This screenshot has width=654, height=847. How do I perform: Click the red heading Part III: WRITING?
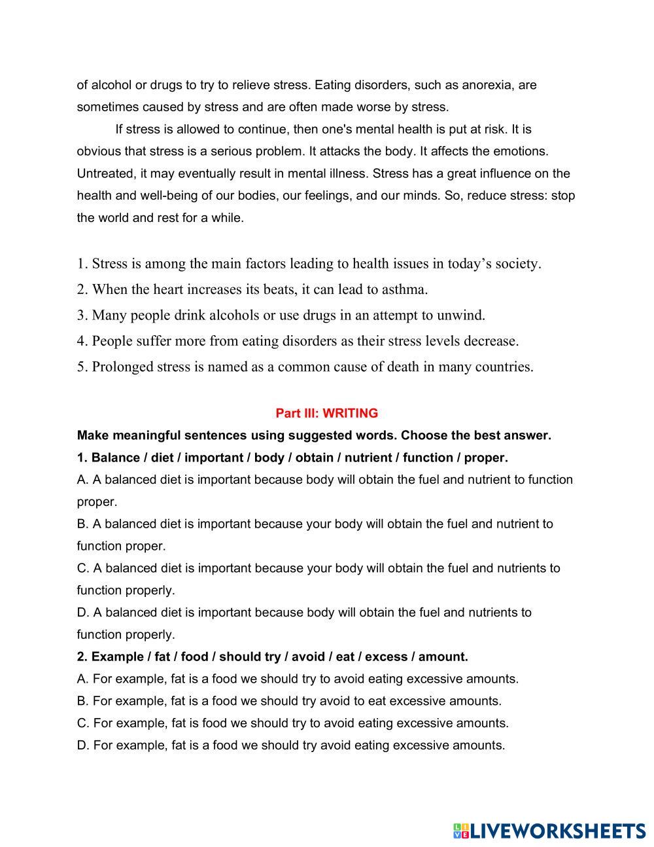326,413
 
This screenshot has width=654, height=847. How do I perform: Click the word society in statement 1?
517,264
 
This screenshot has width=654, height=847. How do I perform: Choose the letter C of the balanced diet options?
82,568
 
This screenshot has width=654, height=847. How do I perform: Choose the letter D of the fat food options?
82,745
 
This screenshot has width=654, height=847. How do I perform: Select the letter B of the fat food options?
82,701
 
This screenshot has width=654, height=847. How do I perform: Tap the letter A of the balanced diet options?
82,480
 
